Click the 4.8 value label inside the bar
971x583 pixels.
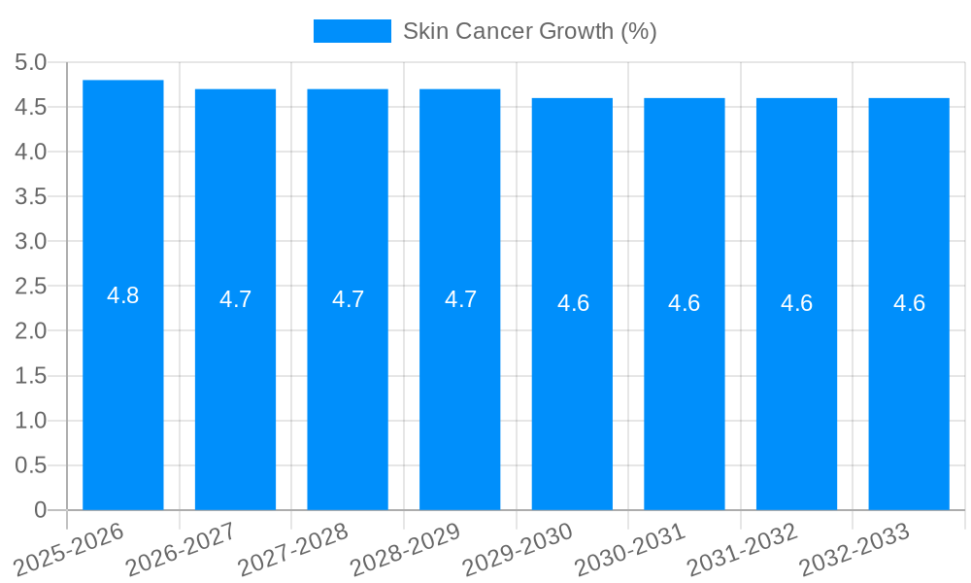[x=123, y=295]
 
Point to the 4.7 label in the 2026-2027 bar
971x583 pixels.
[x=236, y=299]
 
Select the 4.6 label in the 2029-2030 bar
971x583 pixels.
[x=573, y=303]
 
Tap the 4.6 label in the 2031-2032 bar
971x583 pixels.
[x=797, y=303]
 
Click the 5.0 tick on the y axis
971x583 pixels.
[x=31, y=62]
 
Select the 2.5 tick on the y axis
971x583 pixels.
[x=31, y=287]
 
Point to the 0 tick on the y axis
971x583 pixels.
[x=40, y=510]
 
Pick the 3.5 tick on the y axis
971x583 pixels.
[x=31, y=196]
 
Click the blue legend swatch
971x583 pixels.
[x=352, y=31]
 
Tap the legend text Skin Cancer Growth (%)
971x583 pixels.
[x=530, y=31]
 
